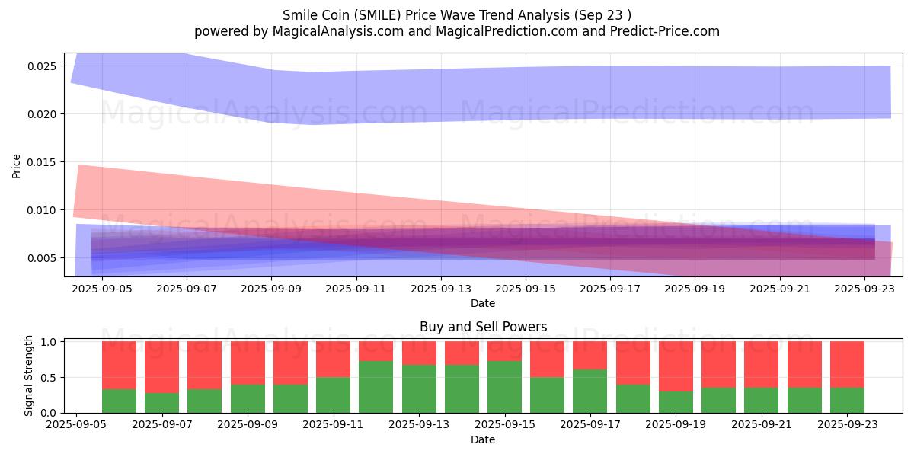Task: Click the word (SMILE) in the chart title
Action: pos(377,15)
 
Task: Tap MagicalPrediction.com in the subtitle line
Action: pos(507,31)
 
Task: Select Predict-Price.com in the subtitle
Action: pos(665,31)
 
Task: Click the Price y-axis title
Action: pos(16,166)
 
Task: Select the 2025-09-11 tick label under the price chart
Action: pos(356,289)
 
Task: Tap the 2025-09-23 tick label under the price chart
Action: pos(864,289)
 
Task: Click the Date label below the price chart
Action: pos(483,303)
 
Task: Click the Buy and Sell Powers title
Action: pos(483,327)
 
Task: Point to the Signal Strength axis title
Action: pos(28,376)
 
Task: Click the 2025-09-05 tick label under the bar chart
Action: pos(76,425)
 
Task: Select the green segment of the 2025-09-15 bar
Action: pos(504,387)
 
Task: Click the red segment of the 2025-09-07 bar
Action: pos(162,367)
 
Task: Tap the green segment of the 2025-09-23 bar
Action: pos(847,401)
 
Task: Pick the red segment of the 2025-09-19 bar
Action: pos(676,366)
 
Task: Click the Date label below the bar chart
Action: pos(483,439)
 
